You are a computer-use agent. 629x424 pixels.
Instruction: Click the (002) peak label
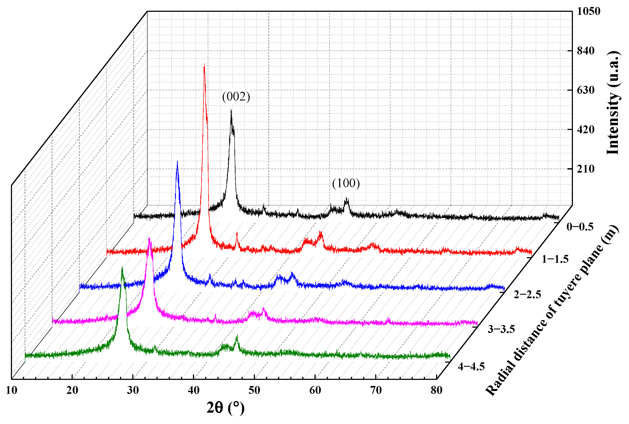[236, 97]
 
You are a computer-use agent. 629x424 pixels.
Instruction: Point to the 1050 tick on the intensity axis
[588, 11]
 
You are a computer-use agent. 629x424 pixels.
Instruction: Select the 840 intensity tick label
[586, 50]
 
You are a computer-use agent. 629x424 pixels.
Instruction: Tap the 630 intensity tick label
[586, 90]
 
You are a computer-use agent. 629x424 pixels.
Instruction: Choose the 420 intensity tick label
[586, 130]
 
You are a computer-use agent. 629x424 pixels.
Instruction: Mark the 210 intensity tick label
[586, 169]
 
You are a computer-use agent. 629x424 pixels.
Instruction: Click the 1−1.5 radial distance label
[555, 259]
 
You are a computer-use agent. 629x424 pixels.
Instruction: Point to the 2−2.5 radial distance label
[528, 294]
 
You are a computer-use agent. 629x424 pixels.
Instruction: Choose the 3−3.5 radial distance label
[501, 329]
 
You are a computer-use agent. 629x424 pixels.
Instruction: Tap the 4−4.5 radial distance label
[471, 367]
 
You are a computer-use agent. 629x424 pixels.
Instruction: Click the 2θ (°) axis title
[225, 408]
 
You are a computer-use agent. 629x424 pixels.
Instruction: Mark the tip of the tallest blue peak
[177, 162]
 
